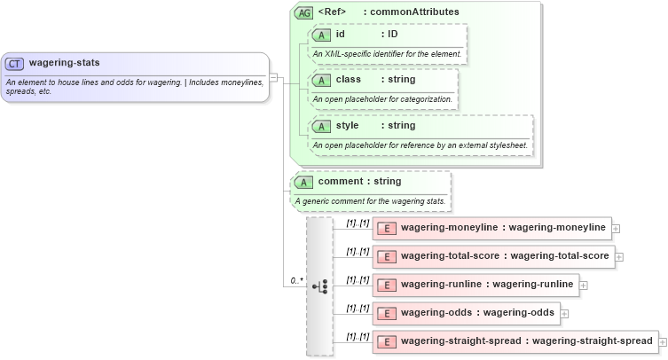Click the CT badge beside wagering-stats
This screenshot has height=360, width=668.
15,64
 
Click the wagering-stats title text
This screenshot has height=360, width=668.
65,63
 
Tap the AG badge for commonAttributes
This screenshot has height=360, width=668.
304,13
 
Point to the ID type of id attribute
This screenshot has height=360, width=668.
389,35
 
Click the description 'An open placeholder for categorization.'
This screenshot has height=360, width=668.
382,98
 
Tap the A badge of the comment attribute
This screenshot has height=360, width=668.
304,182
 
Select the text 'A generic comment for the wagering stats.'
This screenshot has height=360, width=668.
370,200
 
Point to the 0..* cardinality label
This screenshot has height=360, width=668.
297,281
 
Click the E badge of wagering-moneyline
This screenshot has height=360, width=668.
386,229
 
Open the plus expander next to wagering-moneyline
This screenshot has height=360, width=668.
617,229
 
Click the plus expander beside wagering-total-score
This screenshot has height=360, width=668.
619,257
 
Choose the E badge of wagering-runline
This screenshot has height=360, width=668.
386,285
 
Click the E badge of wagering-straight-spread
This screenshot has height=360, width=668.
386,341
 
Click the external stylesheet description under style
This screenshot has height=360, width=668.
420,145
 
